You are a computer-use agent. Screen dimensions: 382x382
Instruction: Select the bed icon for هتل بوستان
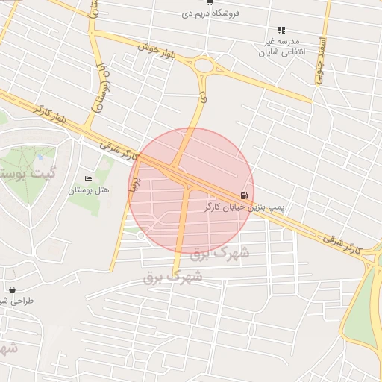coord(89,179)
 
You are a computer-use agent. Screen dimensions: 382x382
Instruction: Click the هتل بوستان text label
coord(89,190)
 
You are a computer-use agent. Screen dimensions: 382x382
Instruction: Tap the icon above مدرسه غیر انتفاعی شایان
coord(281,30)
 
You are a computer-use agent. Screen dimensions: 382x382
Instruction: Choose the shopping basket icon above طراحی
coord(11,289)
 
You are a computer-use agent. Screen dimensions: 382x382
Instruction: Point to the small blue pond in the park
coord(37,159)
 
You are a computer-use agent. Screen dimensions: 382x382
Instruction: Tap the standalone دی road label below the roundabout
coord(201,96)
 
